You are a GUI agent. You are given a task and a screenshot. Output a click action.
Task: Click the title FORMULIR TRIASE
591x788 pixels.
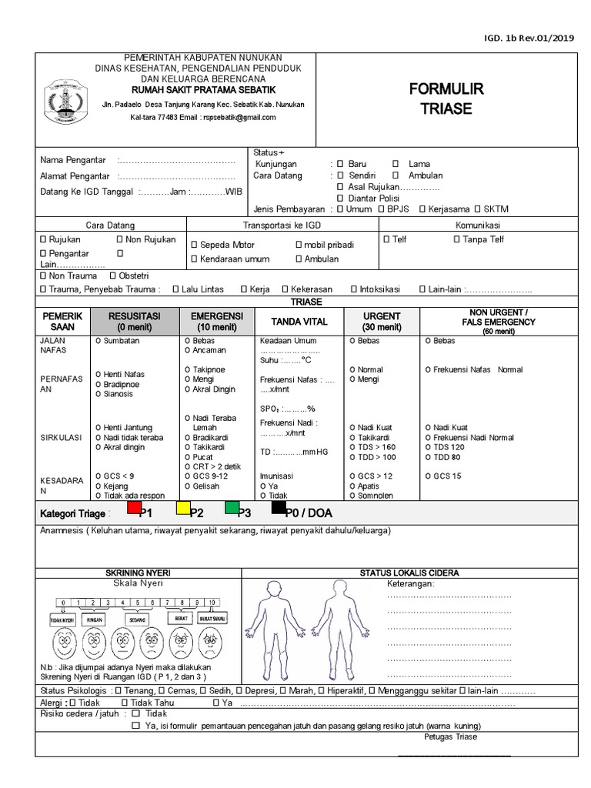pos(446,99)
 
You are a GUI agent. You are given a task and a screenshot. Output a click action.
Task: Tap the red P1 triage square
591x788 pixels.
pos(134,508)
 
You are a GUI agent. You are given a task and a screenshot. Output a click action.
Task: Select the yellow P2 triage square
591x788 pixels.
pos(183,508)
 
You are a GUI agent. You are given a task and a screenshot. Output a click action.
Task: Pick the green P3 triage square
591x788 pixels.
pos(232,508)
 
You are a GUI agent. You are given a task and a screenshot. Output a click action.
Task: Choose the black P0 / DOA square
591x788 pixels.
pos(279,507)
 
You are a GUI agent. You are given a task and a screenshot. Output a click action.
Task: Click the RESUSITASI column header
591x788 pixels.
pos(134,321)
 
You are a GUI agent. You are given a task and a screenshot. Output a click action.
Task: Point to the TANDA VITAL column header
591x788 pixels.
pos(299,322)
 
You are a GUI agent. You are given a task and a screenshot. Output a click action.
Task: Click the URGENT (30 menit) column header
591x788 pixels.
pos(382,321)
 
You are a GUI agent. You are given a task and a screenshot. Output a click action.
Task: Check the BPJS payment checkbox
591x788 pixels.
pos(382,209)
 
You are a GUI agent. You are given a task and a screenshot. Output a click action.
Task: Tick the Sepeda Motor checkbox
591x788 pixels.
pos(195,245)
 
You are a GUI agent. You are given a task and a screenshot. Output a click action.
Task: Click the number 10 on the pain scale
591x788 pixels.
pos(211,602)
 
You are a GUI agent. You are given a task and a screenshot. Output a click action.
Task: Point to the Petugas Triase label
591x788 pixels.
pos(450,736)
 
